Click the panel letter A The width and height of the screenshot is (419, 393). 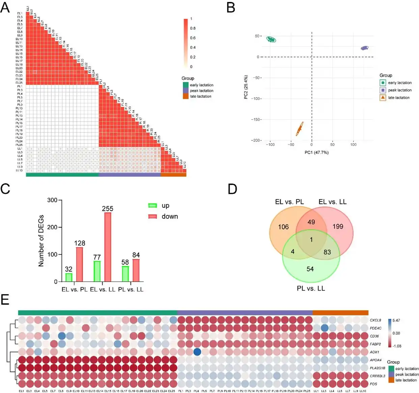(x=5, y=7)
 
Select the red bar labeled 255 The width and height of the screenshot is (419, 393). (x=108, y=247)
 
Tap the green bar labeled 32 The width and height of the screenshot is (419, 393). (x=68, y=277)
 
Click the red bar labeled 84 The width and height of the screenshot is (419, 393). (x=136, y=270)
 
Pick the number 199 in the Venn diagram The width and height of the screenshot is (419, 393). (x=338, y=227)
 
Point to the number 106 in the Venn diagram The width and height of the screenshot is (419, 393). (x=283, y=227)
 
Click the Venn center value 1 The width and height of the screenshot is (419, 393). (x=311, y=239)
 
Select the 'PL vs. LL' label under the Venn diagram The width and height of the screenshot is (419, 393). (x=311, y=289)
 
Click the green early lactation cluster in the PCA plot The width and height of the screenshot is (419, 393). (x=271, y=40)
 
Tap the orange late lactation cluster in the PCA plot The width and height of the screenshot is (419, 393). (x=300, y=129)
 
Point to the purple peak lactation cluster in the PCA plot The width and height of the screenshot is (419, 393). (x=364, y=48)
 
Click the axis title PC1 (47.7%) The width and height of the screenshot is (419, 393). (x=316, y=153)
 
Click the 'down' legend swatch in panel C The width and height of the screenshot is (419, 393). (x=153, y=216)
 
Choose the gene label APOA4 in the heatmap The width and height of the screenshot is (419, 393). (x=375, y=360)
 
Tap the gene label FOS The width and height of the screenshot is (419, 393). (x=373, y=384)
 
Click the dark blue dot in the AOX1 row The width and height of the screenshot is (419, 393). (x=197, y=352)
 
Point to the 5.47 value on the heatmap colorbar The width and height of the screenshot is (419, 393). (x=396, y=320)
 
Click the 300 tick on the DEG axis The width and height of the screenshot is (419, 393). (x=52, y=200)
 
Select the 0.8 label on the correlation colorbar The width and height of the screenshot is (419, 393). (x=193, y=28)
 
